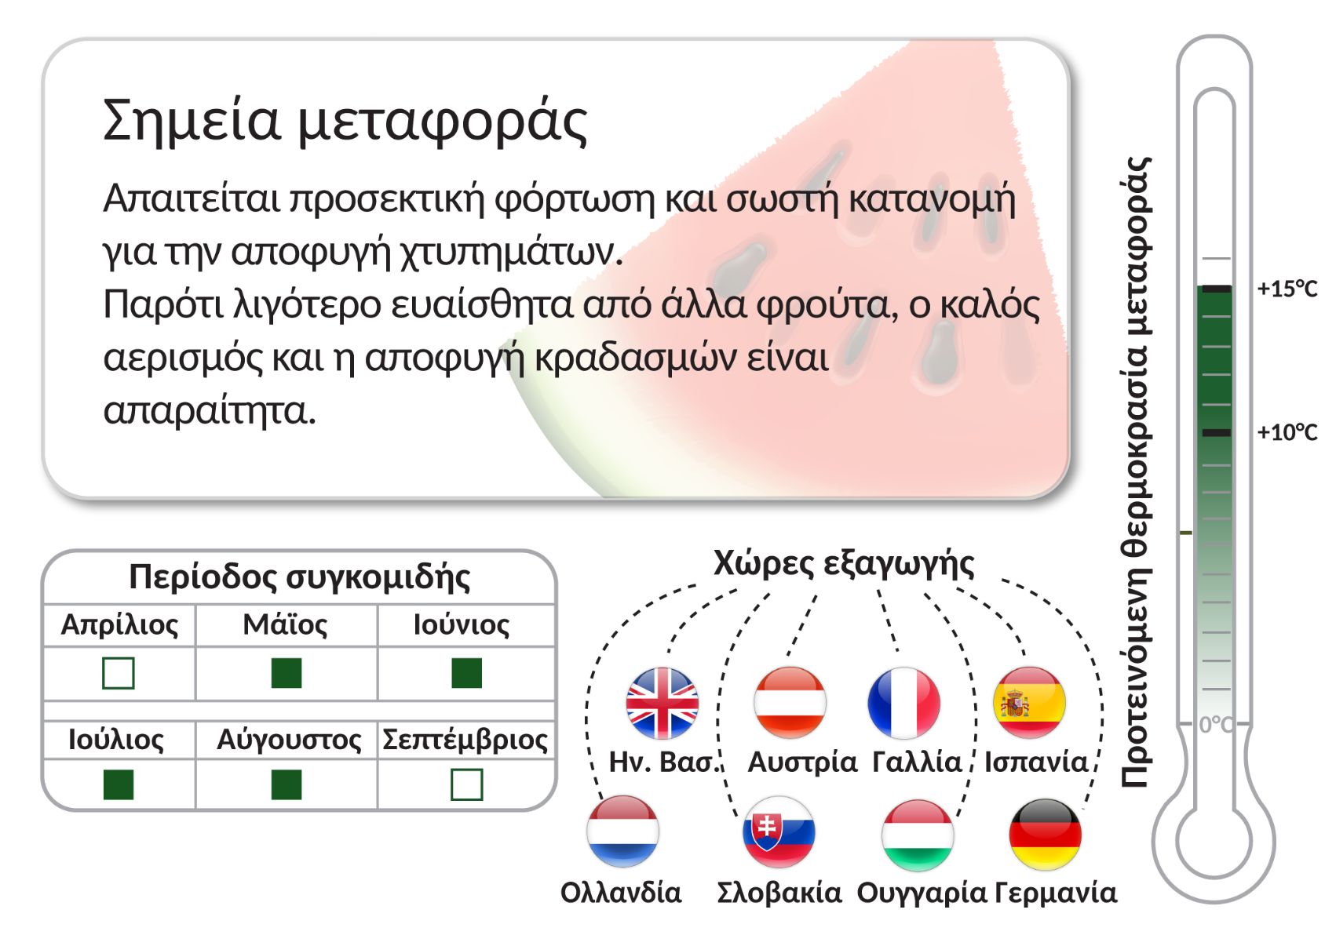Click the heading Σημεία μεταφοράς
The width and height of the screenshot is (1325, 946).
[x=345, y=122]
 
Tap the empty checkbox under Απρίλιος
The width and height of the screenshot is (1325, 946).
[x=119, y=673]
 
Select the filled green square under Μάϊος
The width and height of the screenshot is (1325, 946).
[x=287, y=673]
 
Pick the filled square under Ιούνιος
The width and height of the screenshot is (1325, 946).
[x=467, y=673]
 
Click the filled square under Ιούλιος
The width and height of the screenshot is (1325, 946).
[x=119, y=784]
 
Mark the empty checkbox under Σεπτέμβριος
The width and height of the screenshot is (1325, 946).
[x=467, y=784]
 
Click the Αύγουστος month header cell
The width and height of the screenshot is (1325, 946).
[x=287, y=740]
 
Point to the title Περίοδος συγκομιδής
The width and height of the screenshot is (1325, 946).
[x=300, y=577]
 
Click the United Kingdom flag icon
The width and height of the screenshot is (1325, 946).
[x=662, y=703]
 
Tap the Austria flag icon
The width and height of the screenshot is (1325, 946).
[x=790, y=703]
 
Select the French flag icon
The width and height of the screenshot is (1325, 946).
[x=903, y=703]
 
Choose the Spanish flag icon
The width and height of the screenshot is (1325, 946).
[x=1029, y=703]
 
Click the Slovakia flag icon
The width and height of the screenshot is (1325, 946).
[x=779, y=832]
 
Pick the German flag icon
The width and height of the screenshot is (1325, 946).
[x=1046, y=835]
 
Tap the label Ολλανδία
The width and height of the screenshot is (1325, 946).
[x=621, y=893]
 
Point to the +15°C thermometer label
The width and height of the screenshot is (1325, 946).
[x=1287, y=289]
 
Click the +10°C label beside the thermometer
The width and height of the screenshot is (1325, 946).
[x=1287, y=433]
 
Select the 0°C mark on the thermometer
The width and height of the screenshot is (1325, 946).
[x=1216, y=724]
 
